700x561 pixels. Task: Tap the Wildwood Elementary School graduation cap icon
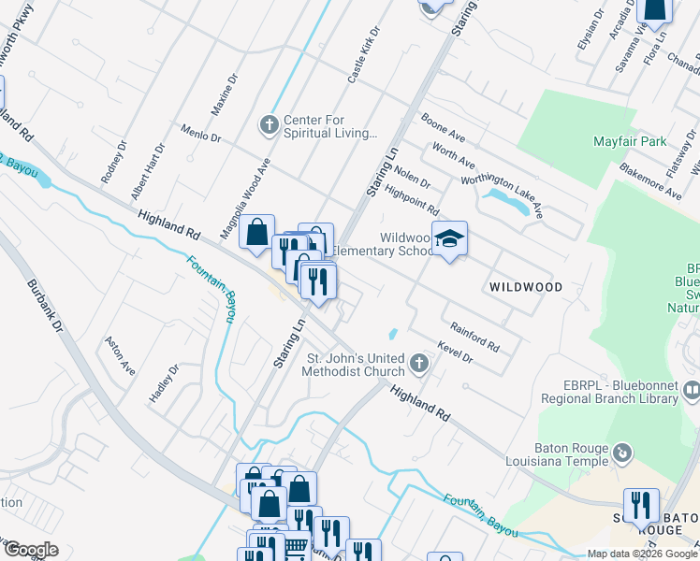tap(449, 238)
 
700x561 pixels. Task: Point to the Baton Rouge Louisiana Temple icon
tap(622, 454)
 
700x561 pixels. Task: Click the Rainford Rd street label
tap(474, 337)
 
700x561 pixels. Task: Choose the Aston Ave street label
tap(120, 355)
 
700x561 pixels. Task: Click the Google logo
tap(31, 550)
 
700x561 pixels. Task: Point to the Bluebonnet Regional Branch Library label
tap(608, 392)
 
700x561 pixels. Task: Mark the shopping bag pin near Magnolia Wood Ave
tap(256, 231)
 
